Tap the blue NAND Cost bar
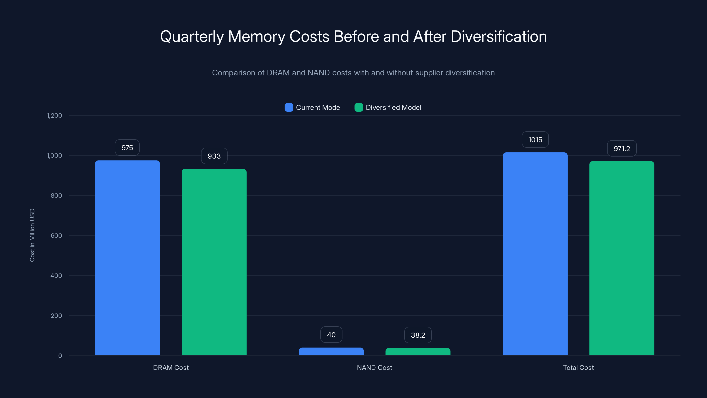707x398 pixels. point(331,351)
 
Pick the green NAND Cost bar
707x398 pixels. point(418,352)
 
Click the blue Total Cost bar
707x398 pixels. point(535,254)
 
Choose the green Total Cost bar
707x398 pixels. point(622,258)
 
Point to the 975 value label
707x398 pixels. point(127,148)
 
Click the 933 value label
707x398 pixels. point(214,156)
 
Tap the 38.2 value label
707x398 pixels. point(418,335)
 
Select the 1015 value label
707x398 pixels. point(535,140)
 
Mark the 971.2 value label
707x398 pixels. point(622,149)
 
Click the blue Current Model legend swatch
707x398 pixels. point(289,107)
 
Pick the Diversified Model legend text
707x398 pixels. point(393,107)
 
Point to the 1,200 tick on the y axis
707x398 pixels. point(54,115)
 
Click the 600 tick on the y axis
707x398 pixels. point(56,235)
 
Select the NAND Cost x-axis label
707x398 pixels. point(374,367)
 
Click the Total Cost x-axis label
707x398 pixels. point(578,367)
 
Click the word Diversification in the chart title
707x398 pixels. point(499,36)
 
